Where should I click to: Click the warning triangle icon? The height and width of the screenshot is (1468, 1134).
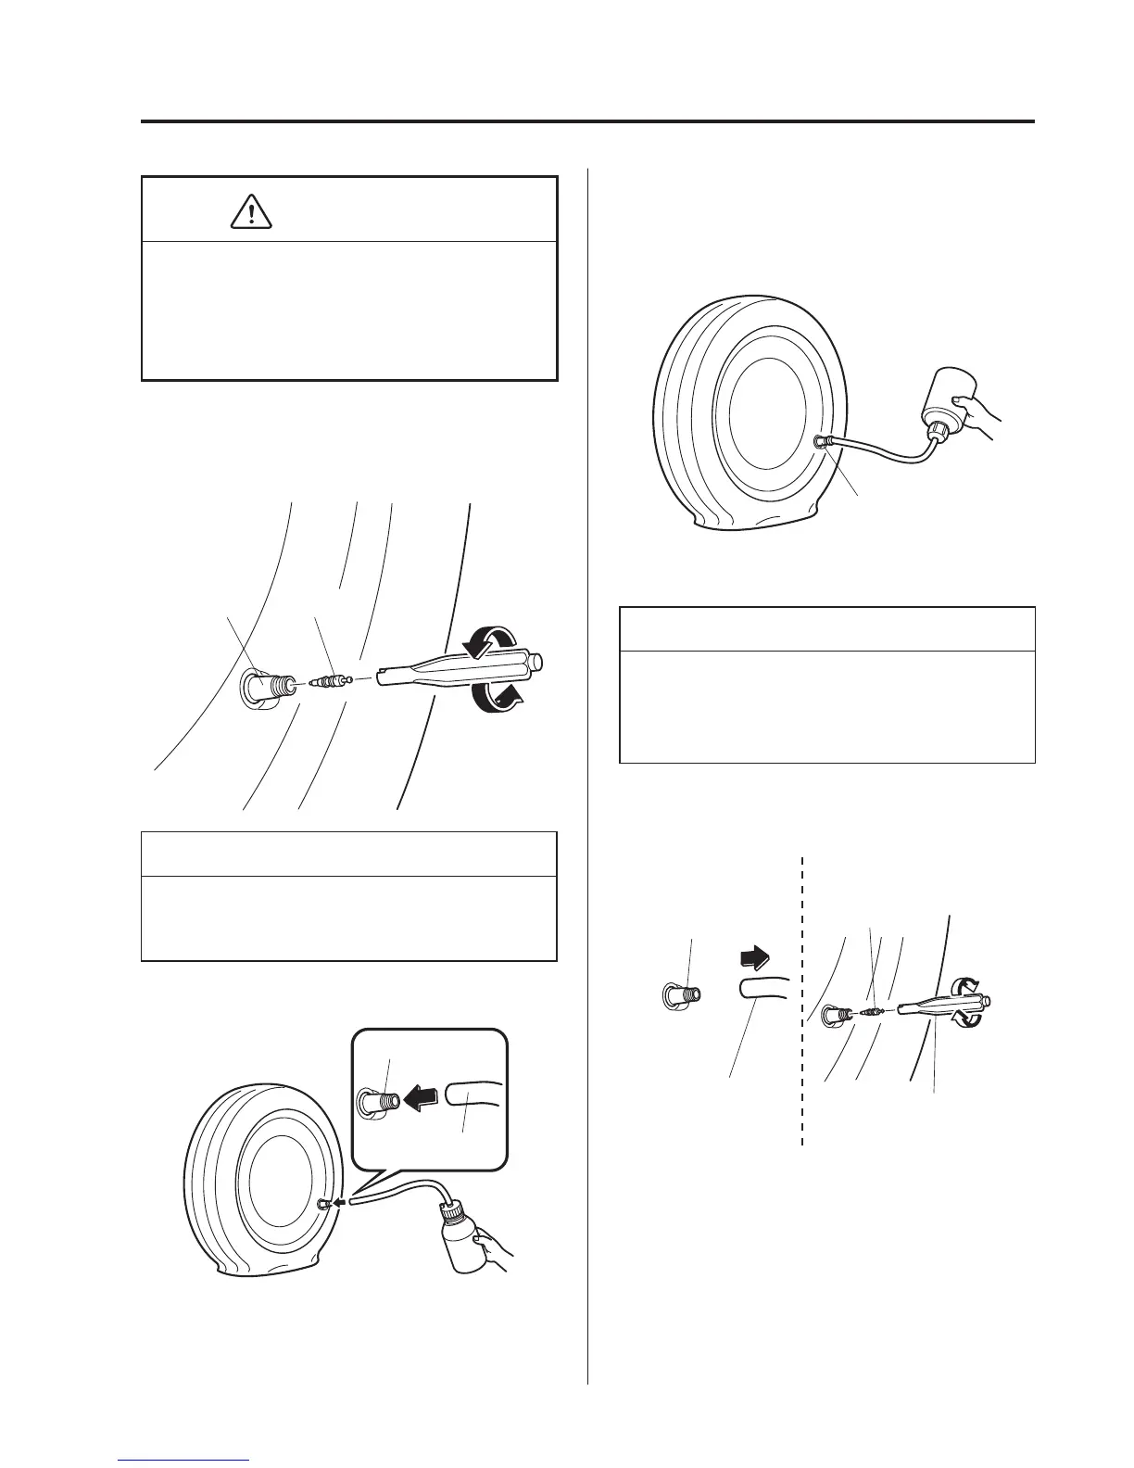point(249,212)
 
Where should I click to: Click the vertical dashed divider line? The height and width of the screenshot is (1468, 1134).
point(801,1001)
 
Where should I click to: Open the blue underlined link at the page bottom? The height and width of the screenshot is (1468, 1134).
point(184,1459)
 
